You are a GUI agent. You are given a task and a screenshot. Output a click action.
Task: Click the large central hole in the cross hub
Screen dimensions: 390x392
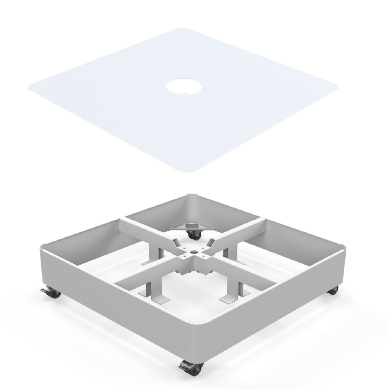point(193,252)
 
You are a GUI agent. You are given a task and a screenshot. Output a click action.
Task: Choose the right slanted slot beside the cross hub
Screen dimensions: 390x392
point(210,242)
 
